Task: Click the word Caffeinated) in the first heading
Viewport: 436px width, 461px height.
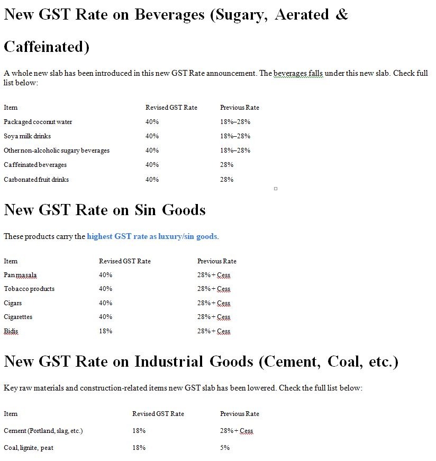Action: (47, 47)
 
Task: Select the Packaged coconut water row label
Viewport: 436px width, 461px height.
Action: (38, 122)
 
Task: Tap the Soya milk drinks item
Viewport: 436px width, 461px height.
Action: (27, 136)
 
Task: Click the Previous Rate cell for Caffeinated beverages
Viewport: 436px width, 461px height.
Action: (226, 165)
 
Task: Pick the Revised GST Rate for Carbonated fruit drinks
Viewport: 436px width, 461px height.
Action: (152, 180)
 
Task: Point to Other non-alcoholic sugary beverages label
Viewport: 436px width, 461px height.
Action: (57, 150)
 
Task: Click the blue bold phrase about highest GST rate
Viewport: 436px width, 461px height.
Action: (152, 236)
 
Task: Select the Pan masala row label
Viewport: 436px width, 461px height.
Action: (20, 275)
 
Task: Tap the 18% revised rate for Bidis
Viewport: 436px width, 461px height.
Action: (105, 331)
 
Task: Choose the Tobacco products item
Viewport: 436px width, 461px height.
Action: (29, 289)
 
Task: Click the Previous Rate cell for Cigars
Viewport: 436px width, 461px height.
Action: (214, 303)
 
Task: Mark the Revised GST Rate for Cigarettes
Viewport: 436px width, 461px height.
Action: (105, 317)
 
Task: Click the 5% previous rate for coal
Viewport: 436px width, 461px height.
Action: (225, 448)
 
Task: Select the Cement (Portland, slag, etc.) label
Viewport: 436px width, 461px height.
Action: (43, 431)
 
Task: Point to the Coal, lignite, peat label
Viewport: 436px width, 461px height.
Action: (29, 448)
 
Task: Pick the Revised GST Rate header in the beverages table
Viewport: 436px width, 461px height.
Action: (171, 108)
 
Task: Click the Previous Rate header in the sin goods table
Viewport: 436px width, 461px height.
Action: (216, 261)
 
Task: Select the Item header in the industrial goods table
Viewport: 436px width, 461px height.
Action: (11, 414)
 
